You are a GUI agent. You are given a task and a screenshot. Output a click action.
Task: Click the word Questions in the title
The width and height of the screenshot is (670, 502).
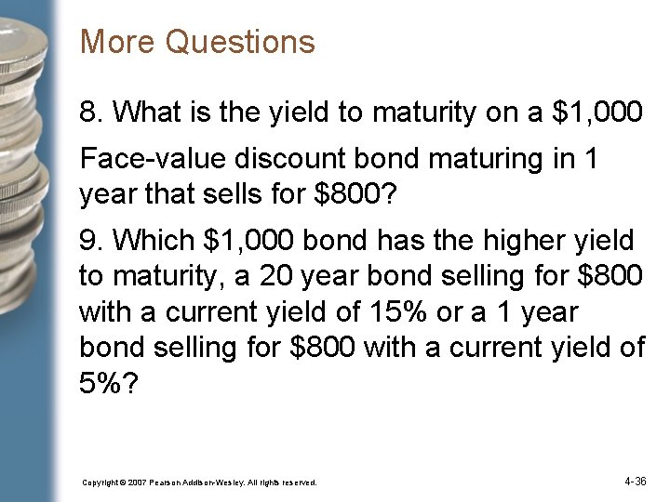pyautogui.click(x=240, y=43)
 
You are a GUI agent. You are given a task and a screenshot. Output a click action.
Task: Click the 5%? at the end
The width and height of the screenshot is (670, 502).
pyautogui.click(x=109, y=382)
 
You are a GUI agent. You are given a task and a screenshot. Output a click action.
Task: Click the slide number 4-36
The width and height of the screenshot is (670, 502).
pyautogui.click(x=636, y=482)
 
